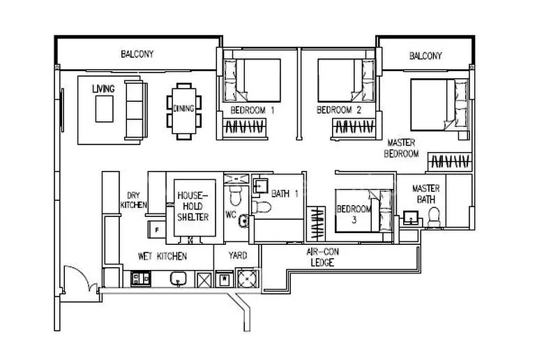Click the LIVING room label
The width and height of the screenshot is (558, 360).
[x=103, y=89]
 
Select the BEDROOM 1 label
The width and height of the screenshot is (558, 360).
[x=252, y=110]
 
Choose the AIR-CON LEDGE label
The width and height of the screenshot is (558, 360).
[x=323, y=257]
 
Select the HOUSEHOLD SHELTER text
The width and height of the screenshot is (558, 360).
[x=193, y=207]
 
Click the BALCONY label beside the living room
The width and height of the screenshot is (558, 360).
[x=137, y=54]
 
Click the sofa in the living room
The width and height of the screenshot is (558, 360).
[x=135, y=109]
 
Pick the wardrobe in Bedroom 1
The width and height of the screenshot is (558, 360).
[x=245, y=128]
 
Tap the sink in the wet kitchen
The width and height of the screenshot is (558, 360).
[x=179, y=279]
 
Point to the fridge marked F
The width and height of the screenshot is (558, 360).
[x=155, y=227]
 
